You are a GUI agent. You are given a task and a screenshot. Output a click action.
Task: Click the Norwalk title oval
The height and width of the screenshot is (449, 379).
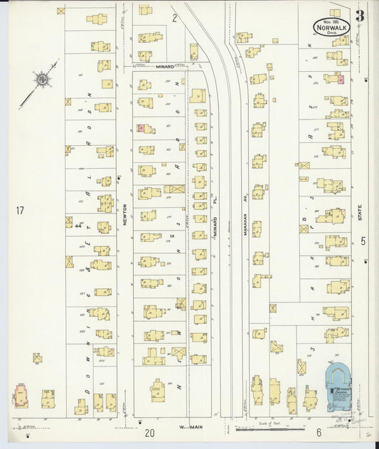coord(331,26)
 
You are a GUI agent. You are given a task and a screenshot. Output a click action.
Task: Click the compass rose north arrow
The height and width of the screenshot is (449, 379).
coord(43,80)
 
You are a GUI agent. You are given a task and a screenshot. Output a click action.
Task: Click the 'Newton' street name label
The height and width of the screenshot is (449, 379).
coord(124,213)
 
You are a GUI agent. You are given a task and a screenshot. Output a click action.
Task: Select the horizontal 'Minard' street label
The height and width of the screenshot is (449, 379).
coord(166,66)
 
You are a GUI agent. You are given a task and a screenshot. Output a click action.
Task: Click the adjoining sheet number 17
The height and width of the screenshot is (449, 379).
coord(19,210)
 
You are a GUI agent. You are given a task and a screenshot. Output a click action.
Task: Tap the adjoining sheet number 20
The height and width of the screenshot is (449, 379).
coord(149,433)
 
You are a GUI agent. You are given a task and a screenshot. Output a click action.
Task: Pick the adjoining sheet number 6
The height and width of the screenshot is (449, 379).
coord(319,433)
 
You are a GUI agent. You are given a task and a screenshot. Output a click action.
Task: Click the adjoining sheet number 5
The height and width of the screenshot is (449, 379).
coord(363,241)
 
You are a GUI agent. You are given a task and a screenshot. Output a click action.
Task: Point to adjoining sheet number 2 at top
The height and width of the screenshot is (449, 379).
coord(174,18)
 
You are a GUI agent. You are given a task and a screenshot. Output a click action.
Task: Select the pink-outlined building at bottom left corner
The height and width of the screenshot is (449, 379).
coord(21,395)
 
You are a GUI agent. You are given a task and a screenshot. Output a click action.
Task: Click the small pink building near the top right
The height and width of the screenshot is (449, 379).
coord(341,80)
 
